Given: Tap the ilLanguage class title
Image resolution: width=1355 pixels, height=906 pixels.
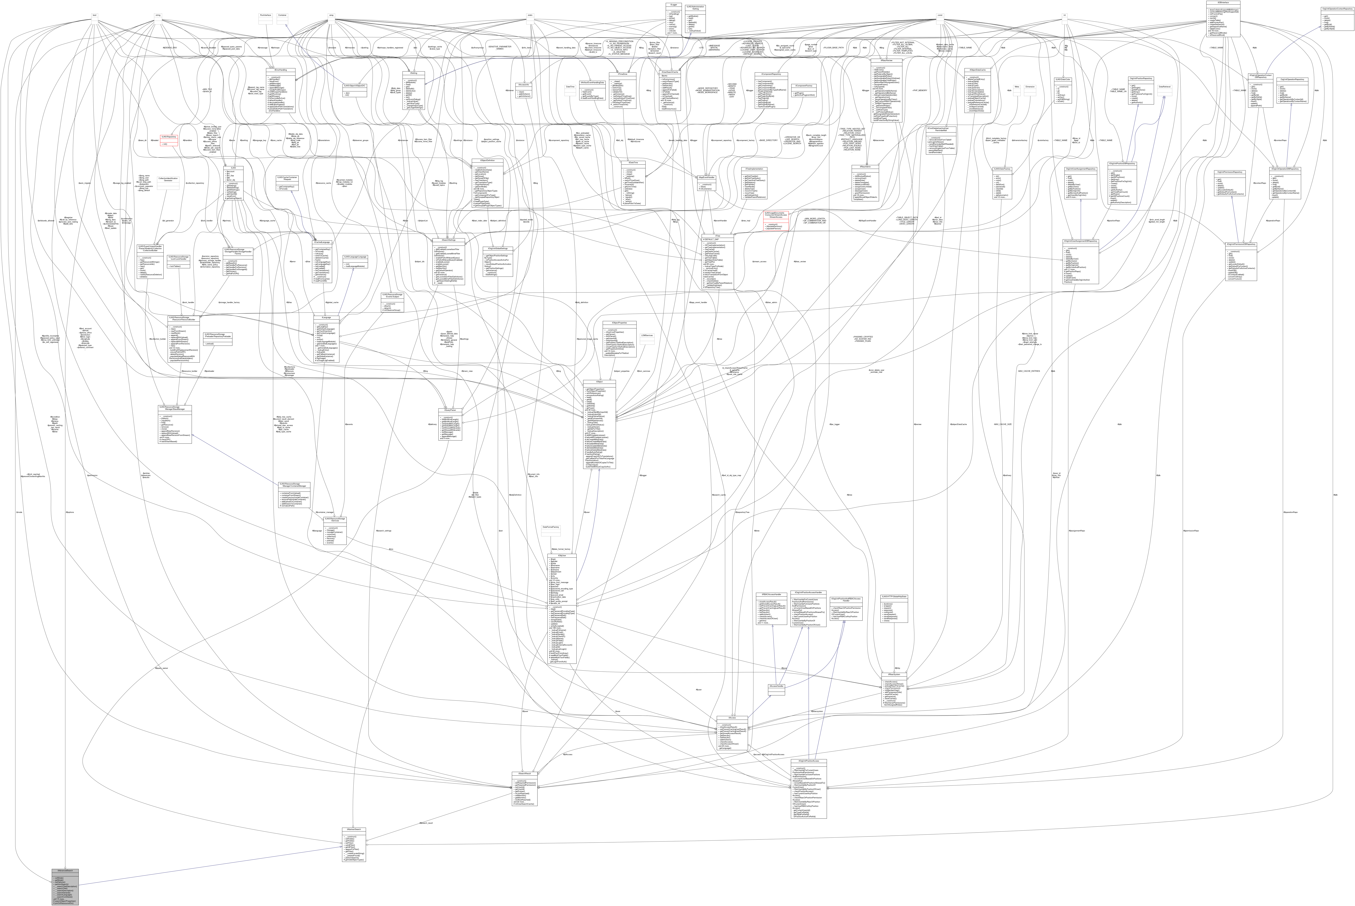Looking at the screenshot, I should pos(326,317).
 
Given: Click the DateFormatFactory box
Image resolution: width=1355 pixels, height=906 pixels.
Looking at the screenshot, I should pos(550,532).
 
